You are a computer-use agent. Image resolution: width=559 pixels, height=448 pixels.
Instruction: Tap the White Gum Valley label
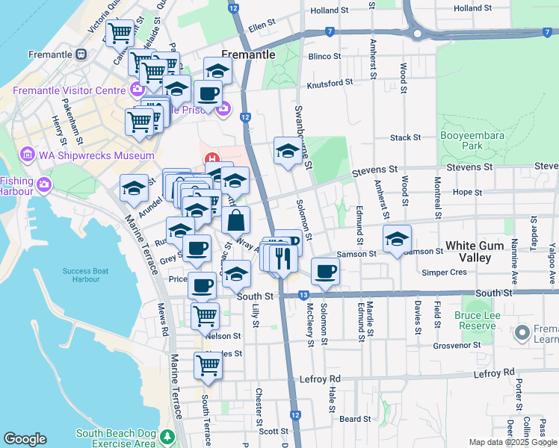tap(479, 251)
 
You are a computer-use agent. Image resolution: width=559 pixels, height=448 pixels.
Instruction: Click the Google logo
tap(25, 439)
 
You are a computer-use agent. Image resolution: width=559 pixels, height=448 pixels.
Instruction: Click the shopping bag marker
tap(236, 221)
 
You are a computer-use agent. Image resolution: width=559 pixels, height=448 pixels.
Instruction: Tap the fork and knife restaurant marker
tap(282, 258)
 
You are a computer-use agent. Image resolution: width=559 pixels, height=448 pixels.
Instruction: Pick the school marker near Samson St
tap(397, 239)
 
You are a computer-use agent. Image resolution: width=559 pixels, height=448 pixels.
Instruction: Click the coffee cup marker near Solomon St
tap(324, 272)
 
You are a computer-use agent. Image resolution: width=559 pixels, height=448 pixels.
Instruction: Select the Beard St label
tap(350, 420)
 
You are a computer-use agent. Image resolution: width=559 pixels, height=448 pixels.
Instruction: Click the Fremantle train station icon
tap(81, 55)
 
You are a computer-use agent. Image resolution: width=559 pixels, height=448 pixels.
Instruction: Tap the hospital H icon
tap(211, 158)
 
